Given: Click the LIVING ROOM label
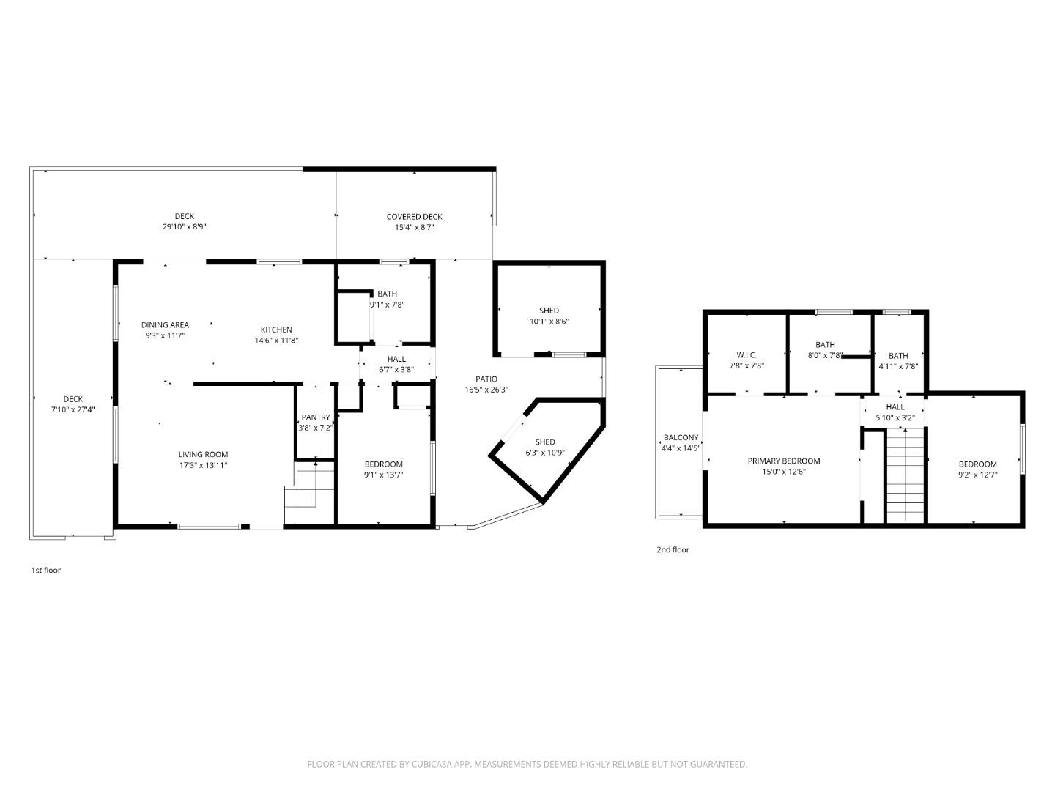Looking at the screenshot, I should pyautogui.click(x=203, y=454).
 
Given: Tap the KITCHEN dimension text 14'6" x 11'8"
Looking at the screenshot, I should pyautogui.click(x=276, y=341).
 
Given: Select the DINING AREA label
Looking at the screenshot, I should pyautogui.click(x=165, y=324).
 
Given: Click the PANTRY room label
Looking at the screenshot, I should pyautogui.click(x=316, y=417).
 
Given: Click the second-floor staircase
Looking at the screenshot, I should pyautogui.click(x=906, y=476).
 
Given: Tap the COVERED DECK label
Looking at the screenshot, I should pyautogui.click(x=414, y=216).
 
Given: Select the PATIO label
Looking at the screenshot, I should pyautogui.click(x=486, y=379).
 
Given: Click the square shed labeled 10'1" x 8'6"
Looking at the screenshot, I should pyautogui.click(x=549, y=316).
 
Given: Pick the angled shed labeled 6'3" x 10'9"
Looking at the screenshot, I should pyautogui.click(x=545, y=447).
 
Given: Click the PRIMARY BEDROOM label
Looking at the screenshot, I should pyautogui.click(x=783, y=461).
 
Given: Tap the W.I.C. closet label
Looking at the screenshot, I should pyautogui.click(x=746, y=354).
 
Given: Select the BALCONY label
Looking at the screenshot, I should pyautogui.click(x=681, y=437).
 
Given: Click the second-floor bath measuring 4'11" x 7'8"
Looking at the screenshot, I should pyautogui.click(x=898, y=361).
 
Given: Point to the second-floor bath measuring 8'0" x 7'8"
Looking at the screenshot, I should pyautogui.click(x=825, y=349).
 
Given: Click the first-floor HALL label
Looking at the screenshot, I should pyautogui.click(x=396, y=359).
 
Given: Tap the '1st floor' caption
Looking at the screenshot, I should pyautogui.click(x=46, y=570).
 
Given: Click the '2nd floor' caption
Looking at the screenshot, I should pyautogui.click(x=673, y=549).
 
